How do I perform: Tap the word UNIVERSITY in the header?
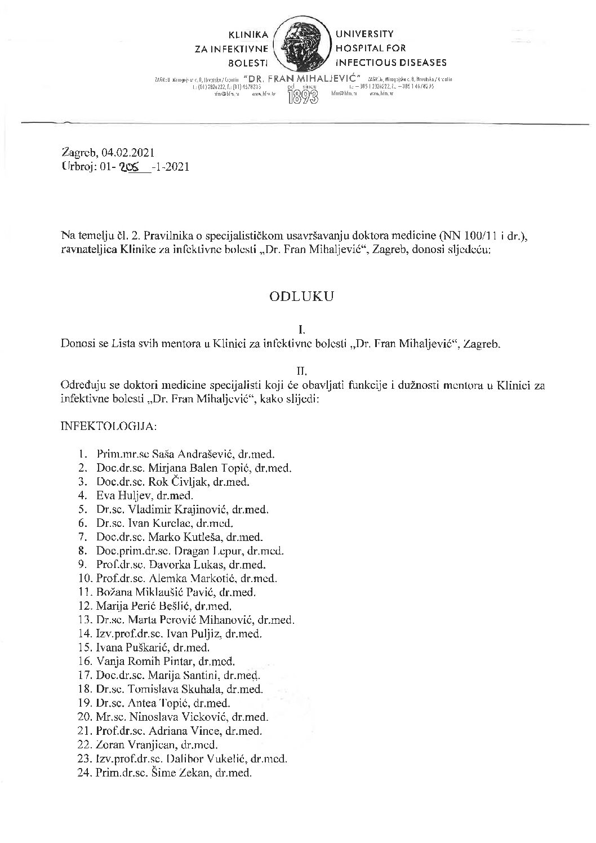coord(364,34)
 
